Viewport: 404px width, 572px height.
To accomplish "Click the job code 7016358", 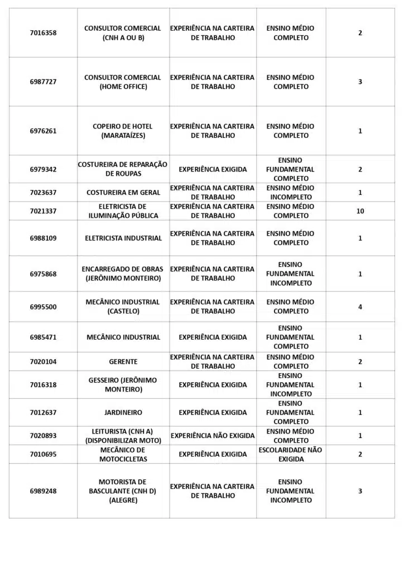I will coord(43,33).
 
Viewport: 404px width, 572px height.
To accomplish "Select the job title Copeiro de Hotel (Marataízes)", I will coord(122,131).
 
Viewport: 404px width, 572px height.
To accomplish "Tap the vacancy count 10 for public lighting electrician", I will coord(360,211).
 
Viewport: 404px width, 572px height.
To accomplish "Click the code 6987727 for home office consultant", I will coord(43,82).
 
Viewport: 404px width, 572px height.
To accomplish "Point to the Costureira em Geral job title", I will coord(123,193).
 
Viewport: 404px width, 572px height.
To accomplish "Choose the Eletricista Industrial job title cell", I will coord(123,238).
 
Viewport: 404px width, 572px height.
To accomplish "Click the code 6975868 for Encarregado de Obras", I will coord(43,274).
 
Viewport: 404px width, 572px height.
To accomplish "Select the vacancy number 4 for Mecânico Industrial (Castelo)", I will coord(360,307).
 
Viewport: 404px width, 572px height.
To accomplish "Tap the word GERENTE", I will coord(123,362).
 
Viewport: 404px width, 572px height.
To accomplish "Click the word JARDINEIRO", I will coord(123,413).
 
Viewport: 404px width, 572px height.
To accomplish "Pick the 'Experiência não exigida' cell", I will coord(213,436).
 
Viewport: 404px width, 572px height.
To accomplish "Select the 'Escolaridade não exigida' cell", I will coord(291,454).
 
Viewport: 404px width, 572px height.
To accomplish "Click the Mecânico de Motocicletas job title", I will coord(123,454).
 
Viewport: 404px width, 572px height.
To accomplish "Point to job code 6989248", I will coord(43,491).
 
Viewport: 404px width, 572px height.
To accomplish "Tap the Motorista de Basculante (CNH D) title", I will coord(123,491).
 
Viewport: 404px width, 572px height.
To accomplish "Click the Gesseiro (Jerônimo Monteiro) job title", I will coord(123,385).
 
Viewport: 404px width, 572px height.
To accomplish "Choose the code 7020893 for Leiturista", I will coord(43,436).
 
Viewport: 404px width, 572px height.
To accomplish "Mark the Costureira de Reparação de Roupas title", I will coord(123,169).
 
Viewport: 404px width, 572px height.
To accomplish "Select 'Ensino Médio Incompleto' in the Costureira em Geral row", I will coord(291,193).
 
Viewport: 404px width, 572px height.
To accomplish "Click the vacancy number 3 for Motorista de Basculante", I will coord(360,491).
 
